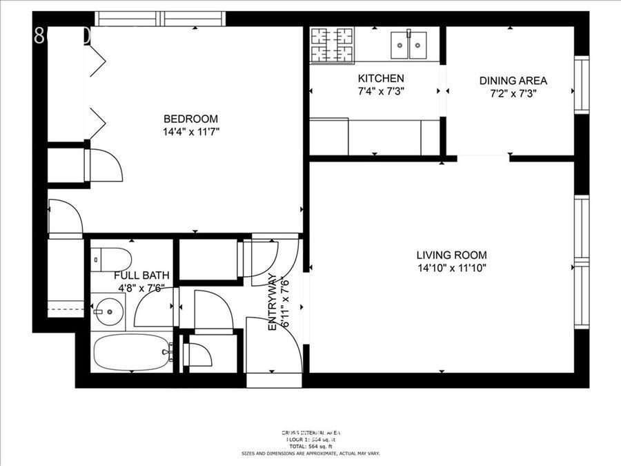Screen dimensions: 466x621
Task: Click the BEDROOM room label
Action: click(x=190, y=118)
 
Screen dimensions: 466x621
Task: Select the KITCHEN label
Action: click(x=380, y=79)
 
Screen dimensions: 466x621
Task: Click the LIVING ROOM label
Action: click(x=452, y=254)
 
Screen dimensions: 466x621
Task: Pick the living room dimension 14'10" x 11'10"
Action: click(x=452, y=268)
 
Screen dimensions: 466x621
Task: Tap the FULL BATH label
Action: click(x=141, y=275)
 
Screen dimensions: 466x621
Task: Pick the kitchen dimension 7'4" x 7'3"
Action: click(x=380, y=90)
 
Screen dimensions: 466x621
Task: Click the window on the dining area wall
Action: click(x=581, y=85)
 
